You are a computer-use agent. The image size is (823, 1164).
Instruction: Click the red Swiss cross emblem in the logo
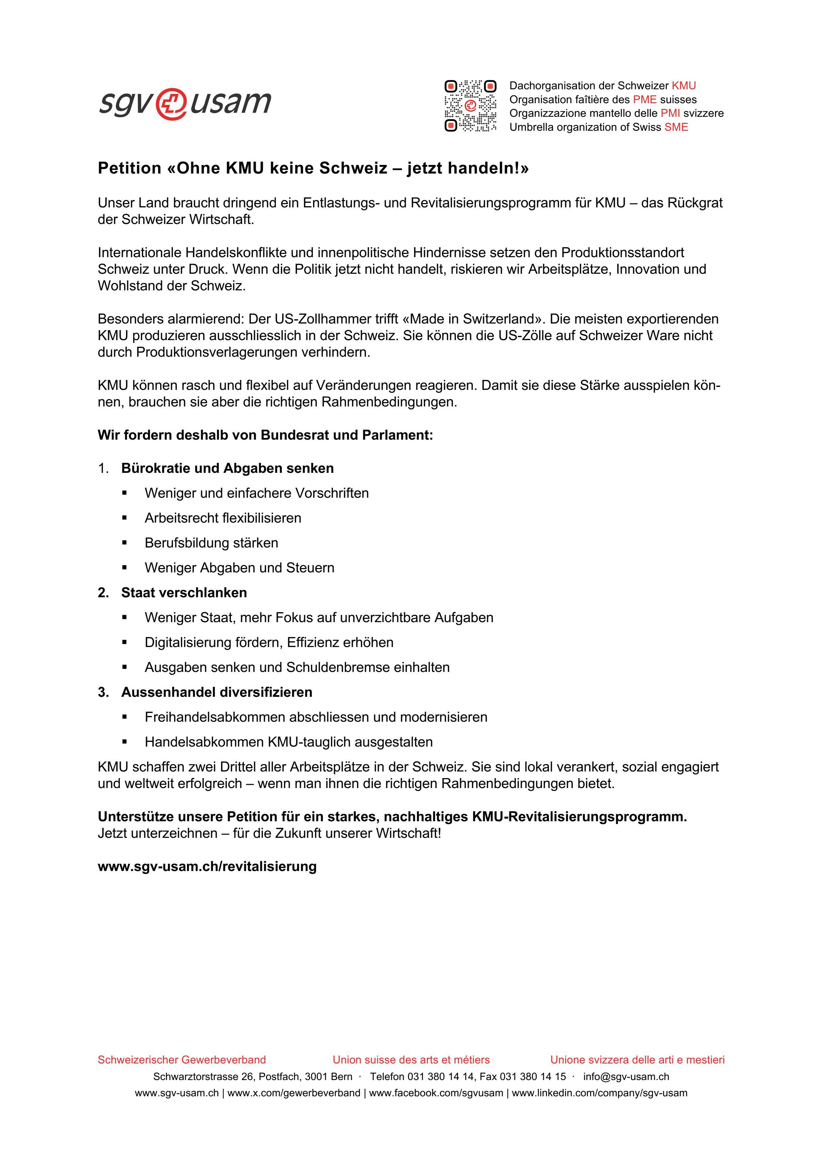(171, 105)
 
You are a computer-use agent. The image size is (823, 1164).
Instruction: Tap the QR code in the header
(470, 106)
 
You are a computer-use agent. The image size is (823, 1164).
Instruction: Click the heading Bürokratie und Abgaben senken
(227, 468)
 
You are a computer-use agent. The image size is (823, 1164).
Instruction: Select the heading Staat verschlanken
(184, 592)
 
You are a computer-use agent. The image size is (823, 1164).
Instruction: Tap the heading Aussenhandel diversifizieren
(216, 692)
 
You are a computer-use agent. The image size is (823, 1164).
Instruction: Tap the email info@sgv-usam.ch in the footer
(626, 1076)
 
